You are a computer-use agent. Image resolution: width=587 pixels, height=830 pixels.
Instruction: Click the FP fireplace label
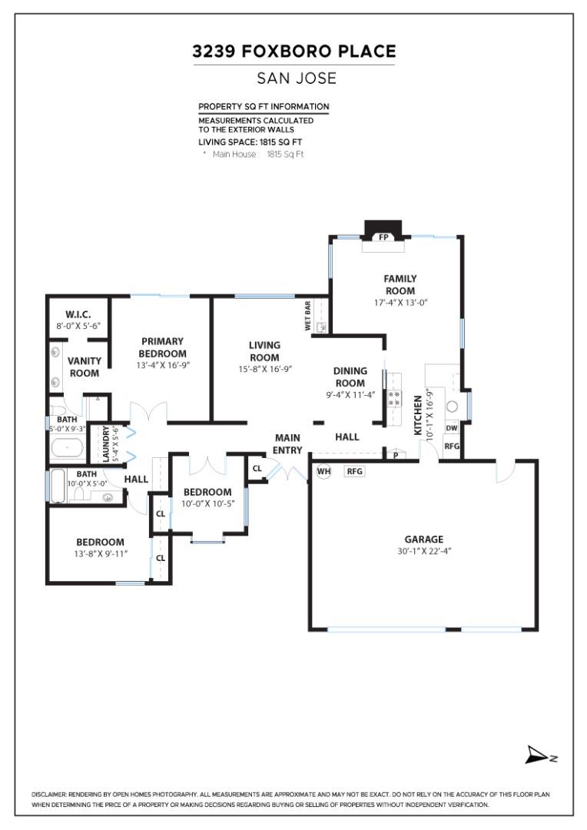click(383, 237)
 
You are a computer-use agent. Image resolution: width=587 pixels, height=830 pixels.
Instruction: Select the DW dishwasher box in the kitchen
click(451, 428)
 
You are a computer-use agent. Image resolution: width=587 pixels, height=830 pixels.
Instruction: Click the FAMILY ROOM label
click(400, 284)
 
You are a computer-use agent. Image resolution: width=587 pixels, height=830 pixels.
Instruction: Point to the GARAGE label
click(424, 539)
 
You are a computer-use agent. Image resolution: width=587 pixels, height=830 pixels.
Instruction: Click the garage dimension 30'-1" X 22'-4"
click(424, 551)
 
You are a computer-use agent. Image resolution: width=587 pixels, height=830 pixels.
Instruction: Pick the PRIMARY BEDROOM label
click(163, 347)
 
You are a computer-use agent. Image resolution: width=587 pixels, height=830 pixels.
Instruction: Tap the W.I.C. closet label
click(78, 314)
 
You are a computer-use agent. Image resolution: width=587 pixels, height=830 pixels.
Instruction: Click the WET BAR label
click(308, 317)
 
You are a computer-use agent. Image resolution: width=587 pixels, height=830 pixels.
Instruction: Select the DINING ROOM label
click(350, 377)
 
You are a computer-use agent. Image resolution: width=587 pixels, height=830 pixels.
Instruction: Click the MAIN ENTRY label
click(288, 443)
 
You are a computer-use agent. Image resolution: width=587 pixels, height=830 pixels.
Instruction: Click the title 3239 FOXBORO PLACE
click(294, 52)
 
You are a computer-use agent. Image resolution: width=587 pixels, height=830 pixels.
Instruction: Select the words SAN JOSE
click(294, 78)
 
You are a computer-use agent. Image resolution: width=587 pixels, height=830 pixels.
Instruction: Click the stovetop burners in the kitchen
click(393, 397)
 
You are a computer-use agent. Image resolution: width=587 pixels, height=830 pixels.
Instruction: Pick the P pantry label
click(396, 455)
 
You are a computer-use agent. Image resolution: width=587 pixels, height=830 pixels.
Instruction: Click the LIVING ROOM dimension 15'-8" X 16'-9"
click(264, 369)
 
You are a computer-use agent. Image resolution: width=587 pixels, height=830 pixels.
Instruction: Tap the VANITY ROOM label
click(85, 367)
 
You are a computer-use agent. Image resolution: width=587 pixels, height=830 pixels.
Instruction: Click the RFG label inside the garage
click(354, 471)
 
